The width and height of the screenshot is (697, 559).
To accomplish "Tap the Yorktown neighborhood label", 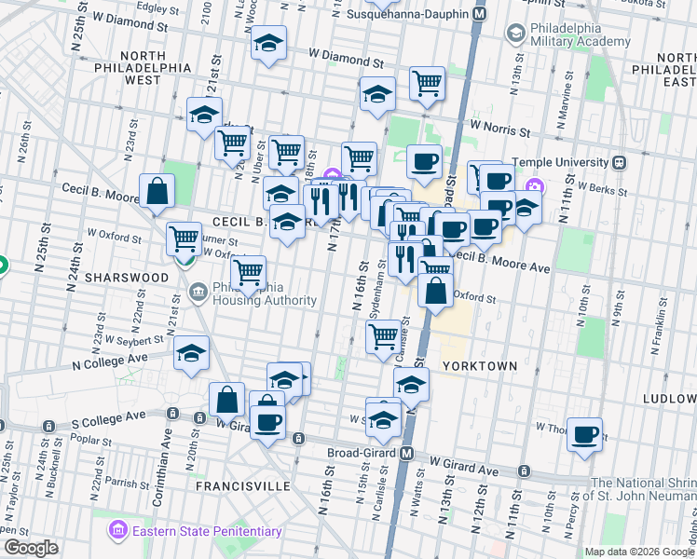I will pos(479,366).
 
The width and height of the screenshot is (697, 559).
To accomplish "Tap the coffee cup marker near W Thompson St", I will pos(584,434).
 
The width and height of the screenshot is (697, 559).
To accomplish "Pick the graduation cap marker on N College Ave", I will pos(191,353).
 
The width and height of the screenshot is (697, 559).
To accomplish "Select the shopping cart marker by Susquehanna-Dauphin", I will pos(427,83).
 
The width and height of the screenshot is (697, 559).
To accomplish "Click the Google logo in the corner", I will pos(30,548).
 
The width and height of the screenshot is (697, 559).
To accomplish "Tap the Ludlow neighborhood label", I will pos(669,399).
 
